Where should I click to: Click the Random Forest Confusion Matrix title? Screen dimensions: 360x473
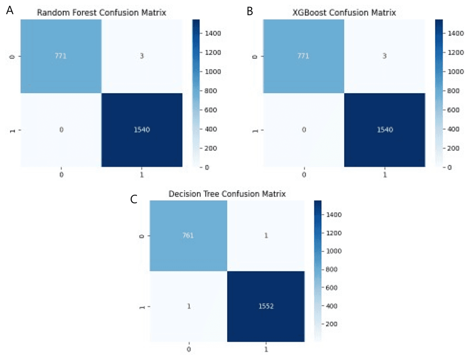coord(101,12)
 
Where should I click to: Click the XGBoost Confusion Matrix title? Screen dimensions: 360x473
coord(344,12)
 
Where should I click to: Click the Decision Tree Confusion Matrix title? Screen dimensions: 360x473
coord(227,193)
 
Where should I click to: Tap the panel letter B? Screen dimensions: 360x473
coord(249,11)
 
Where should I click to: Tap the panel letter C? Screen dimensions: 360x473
coord(134,199)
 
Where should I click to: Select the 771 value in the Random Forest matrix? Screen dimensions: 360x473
coord(60,56)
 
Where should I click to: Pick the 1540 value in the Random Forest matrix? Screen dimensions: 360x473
coord(141,129)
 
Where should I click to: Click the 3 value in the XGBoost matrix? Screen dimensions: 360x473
coord(385,56)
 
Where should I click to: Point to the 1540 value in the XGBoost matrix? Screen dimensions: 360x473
coord(385,129)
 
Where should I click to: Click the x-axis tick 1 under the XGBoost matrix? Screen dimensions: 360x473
coord(385,175)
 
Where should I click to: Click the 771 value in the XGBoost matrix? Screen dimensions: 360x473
coord(303,56)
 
